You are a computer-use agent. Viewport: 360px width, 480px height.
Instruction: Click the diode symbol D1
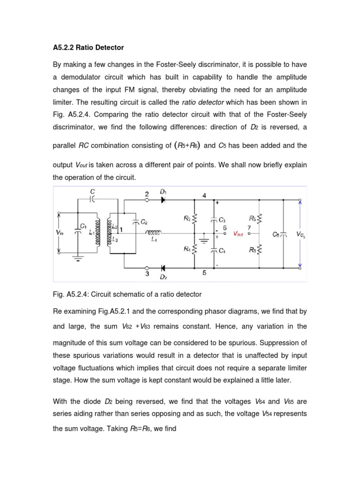163,199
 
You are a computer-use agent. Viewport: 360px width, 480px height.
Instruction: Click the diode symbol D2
163,269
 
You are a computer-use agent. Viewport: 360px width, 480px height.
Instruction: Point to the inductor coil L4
154,233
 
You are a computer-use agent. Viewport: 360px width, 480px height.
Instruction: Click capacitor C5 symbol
283,234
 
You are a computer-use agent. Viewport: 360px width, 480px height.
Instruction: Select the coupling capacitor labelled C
92,199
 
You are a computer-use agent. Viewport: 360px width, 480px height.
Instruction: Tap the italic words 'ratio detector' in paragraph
200,102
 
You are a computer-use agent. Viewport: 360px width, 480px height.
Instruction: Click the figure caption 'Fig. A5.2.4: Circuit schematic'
127,294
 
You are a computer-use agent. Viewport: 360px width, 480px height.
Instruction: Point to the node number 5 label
204,273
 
